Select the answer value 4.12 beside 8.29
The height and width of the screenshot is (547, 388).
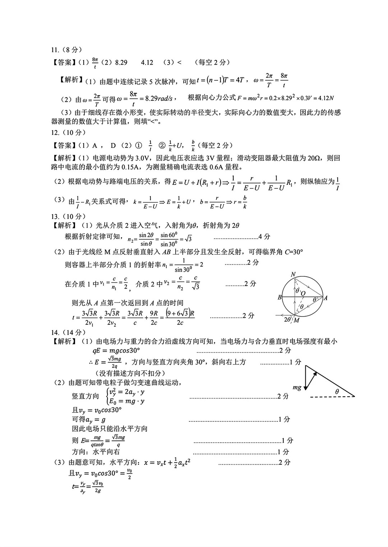[147, 62]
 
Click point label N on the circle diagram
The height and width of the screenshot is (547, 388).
[293, 275]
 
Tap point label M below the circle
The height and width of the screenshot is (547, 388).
[296, 321]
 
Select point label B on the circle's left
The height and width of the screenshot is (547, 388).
[280, 298]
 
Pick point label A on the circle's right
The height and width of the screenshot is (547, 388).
[325, 298]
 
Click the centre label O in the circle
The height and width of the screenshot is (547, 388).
[303, 294]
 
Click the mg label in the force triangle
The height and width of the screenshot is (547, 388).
[297, 388]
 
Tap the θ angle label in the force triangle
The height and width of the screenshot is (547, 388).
[337, 392]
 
